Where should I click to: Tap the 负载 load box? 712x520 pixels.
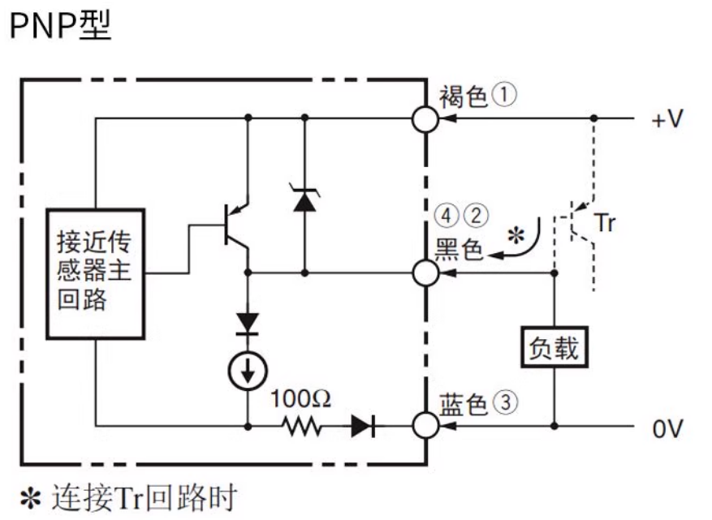[554, 349]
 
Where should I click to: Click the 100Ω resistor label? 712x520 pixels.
[301, 398]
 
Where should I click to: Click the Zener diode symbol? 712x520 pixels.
[304, 199]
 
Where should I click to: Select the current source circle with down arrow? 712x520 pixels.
[247, 370]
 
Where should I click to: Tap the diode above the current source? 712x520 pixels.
[247, 322]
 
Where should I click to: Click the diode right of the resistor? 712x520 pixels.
[362, 424]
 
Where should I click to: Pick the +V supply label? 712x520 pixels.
[667, 119]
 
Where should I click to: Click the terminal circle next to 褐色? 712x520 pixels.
[425, 119]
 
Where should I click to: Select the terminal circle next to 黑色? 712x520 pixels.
[425, 273]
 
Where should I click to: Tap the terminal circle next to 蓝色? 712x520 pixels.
[425, 424]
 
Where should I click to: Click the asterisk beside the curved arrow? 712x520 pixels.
[513, 236]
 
